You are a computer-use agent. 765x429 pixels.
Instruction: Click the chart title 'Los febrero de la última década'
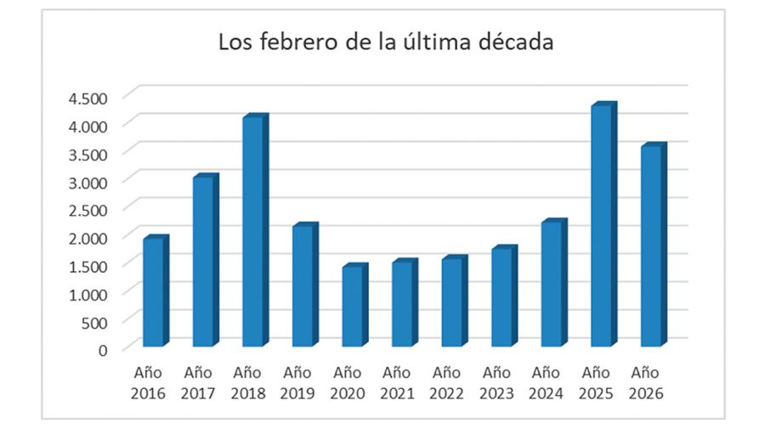click(x=386, y=42)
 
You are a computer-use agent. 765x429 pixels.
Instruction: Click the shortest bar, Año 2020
click(x=353, y=307)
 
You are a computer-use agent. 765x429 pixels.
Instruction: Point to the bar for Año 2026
click(x=652, y=246)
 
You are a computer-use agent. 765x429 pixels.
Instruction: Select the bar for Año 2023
click(x=502, y=297)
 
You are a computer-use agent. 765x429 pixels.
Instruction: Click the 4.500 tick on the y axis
click(x=88, y=98)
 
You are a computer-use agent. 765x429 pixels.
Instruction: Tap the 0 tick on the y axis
click(x=102, y=349)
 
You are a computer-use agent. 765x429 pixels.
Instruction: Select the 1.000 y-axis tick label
click(x=88, y=293)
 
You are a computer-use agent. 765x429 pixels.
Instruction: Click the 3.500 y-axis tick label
click(x=88, y=154)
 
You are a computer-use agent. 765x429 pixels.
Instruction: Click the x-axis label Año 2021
click(x=397, y=383)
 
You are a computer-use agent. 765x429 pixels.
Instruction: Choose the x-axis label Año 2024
click(x=547, y=383)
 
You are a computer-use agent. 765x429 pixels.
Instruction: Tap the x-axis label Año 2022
click(x=447, y=383)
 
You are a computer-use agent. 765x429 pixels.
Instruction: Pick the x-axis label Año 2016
click(x=148, y=383)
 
